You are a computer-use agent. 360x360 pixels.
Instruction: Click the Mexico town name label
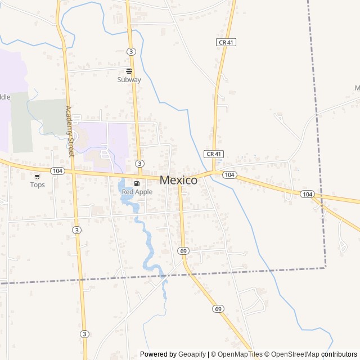[179, 181]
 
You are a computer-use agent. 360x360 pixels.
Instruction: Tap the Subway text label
[129, 80]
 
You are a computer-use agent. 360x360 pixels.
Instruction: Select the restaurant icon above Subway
[129, 71]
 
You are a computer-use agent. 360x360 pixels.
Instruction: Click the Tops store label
[37, 185]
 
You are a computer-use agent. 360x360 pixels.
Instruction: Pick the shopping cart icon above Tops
[37, 177]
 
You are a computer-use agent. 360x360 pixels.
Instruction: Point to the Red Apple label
[137, 192]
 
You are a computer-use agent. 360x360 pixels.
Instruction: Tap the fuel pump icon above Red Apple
[137, 184]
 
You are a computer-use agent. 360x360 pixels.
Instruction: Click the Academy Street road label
[69, 131]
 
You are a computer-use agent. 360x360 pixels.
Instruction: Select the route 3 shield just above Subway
[131, 51]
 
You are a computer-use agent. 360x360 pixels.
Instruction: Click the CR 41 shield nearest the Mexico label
[212, 154]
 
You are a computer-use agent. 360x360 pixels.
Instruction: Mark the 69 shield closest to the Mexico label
[183, 250]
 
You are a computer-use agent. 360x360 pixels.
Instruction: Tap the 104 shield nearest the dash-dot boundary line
[307, 194]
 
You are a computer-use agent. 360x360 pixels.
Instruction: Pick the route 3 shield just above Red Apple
[138, 163]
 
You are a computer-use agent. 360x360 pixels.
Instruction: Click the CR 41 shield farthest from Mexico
[225, 42]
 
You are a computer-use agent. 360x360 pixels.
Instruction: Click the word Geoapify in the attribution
[192, 354]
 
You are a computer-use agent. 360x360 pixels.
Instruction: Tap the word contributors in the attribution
[339, 354]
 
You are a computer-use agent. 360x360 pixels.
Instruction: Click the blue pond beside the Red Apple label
[123, 184]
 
